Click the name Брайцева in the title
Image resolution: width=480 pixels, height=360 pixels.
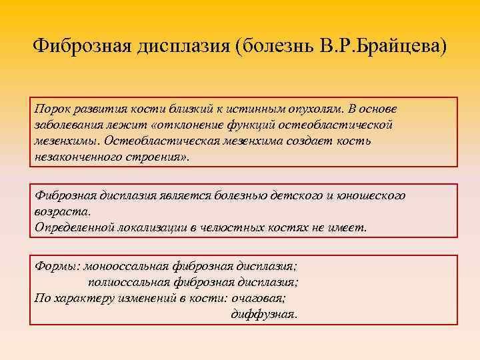coord(403,46)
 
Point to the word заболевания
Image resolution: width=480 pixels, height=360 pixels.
coord(68,125)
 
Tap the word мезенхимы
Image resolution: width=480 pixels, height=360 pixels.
coord(65,141)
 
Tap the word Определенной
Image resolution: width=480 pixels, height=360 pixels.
coord(75,227)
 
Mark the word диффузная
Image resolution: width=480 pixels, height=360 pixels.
coord(264,313)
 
